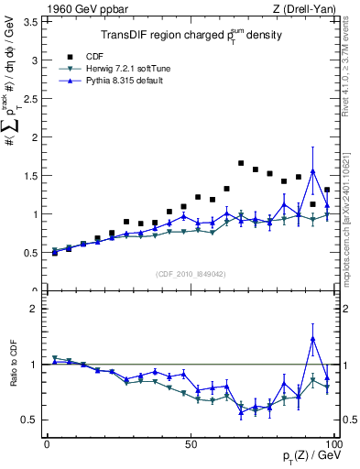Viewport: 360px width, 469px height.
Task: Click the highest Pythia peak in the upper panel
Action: [313, 170]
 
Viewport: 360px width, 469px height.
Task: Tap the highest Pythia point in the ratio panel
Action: [313, 339]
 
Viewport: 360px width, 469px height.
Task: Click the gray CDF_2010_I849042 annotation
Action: [190, 272]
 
